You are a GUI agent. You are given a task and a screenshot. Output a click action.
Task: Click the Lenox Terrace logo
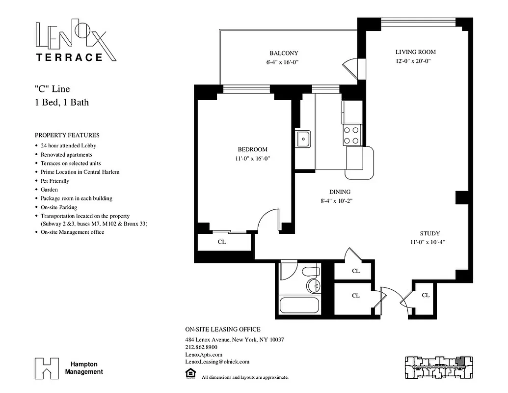tap(77, 41)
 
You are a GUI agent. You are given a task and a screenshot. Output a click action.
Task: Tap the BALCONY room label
tap(284, 53)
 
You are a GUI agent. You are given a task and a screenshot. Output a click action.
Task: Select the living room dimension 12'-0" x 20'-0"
tap(416, 60)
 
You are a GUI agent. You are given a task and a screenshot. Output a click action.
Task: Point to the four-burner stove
tap(351, 135)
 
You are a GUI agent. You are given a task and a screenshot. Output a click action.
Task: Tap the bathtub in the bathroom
tap(299, 305)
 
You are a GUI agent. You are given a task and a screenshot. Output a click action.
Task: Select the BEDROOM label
tap(252, 149)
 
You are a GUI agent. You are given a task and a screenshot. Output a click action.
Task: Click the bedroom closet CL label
tap(221, 242)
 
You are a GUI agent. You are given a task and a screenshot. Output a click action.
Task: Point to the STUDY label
tap(429, 233)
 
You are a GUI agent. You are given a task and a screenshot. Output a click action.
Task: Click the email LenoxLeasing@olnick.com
tap(217, 362)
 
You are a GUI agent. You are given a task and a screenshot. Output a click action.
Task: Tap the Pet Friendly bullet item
tap(55, 181)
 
